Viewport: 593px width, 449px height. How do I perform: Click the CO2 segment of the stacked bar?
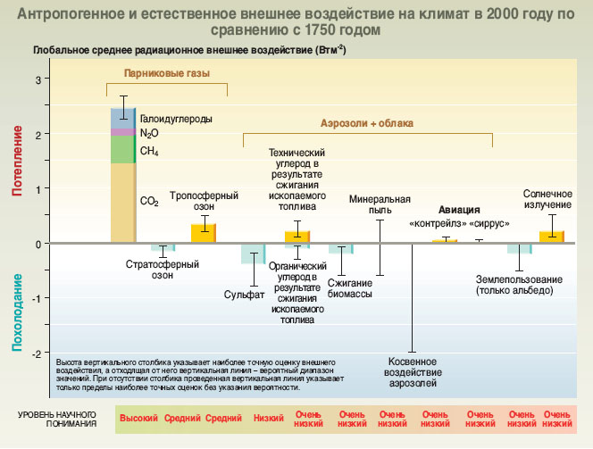(x=122, y=202)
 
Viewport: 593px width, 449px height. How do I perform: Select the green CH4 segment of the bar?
(x=122, y=149)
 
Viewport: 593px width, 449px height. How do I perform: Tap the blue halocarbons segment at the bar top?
(x=122, y=118)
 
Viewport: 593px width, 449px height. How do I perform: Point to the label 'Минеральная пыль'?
(x=380, y=204)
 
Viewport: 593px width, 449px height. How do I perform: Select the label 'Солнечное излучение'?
(x=547, y=198)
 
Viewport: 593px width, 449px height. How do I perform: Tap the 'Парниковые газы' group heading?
(x=166, y=74)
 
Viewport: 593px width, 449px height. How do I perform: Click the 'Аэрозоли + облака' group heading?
(x=367, y=123)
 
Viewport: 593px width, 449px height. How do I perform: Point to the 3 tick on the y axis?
(x=38, y=80)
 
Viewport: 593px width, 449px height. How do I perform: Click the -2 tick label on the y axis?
(x=36, y=353)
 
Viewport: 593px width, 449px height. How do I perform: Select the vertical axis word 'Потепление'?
(x=18, y=161)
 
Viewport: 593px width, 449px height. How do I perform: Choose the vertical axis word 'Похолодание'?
(x=18, y=312)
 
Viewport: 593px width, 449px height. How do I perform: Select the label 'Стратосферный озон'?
(x=161, y=270)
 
